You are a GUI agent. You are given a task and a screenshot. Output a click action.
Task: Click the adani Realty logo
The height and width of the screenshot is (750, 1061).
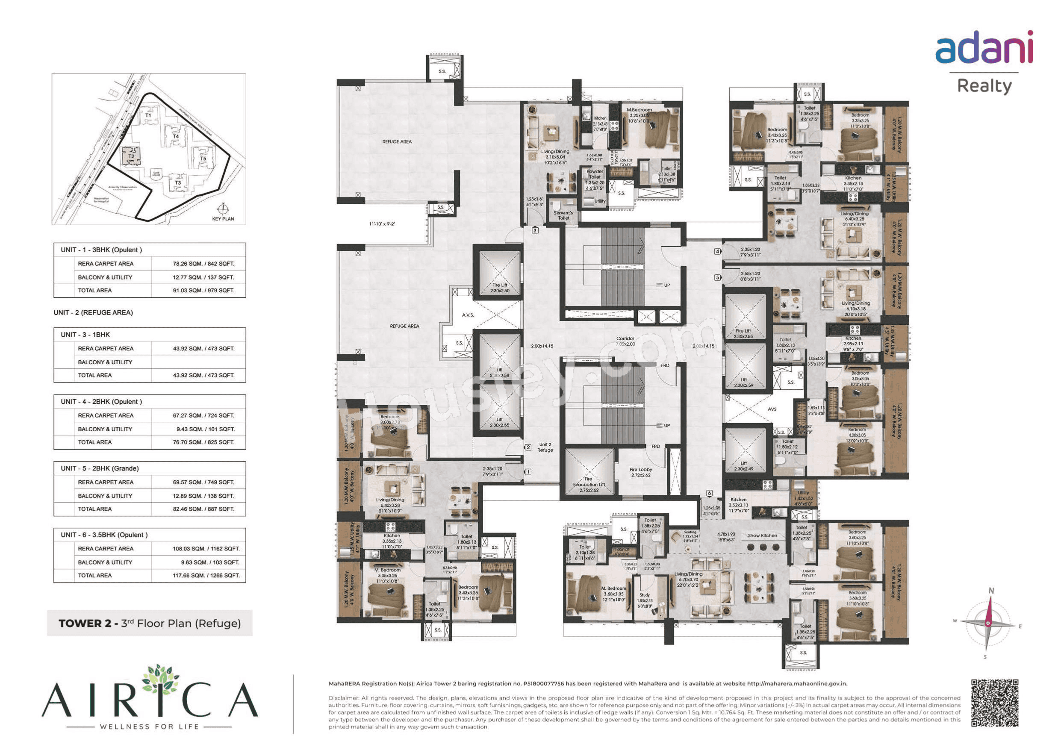tap(984, 62)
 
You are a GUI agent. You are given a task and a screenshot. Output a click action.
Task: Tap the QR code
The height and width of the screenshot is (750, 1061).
tap(994, 703)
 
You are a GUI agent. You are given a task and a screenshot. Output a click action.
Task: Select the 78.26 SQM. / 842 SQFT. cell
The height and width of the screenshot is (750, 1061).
tap(203, 264)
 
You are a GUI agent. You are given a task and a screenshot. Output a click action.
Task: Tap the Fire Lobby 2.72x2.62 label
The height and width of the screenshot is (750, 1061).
tap(640, 472)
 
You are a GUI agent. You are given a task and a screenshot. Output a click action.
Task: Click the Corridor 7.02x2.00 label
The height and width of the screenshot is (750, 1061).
tap(625, 341)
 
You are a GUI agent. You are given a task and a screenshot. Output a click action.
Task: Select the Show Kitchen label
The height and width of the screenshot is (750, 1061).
tap(763, 535)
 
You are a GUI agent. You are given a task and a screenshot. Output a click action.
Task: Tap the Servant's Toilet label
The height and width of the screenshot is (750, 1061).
tap(563, 215)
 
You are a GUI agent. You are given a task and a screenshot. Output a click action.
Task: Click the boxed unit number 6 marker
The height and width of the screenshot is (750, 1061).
tap(709, 493)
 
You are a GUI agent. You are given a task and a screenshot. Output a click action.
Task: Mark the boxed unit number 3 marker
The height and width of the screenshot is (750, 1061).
tap(535, 230)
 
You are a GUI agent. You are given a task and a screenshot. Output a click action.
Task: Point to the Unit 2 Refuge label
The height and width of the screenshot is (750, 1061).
tap(545, 447)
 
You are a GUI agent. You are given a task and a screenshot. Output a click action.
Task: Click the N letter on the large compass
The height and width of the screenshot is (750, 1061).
tap(991, 591)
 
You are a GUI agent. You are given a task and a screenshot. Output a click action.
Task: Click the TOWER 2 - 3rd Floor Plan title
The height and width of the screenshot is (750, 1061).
tap(149, 624)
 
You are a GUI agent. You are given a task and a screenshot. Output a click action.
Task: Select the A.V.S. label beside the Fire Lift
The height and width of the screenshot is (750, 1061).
tap(468, 315)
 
